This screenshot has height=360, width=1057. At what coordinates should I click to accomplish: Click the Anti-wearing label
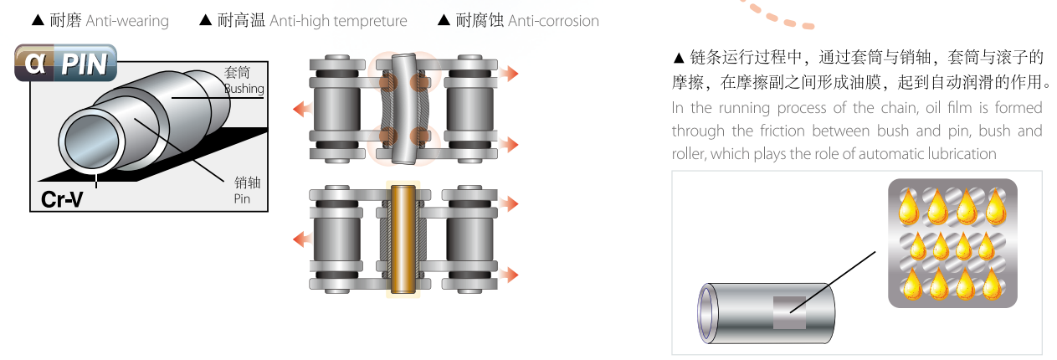[126, 21]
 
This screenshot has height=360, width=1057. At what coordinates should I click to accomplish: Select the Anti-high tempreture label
[338, 21]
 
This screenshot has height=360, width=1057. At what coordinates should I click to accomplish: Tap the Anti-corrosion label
[553, 21]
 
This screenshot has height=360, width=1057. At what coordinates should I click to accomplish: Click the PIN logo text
[85, 65]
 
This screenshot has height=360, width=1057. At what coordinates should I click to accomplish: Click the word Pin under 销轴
[242, 199]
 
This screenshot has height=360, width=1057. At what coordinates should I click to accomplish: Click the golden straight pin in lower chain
[403, 239]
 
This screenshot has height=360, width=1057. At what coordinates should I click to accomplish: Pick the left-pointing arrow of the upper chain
[300, 108]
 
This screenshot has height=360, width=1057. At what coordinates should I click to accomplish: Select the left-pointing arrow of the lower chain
[300, 240]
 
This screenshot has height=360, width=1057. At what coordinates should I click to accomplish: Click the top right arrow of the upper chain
[508, 74]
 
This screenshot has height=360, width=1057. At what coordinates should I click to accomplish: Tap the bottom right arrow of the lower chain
[508, 275]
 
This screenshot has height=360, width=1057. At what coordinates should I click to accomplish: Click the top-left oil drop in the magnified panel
[907, 207]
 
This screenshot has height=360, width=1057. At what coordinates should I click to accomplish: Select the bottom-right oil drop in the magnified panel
[992, 285]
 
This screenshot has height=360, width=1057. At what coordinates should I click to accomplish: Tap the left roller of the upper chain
[336, 107]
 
